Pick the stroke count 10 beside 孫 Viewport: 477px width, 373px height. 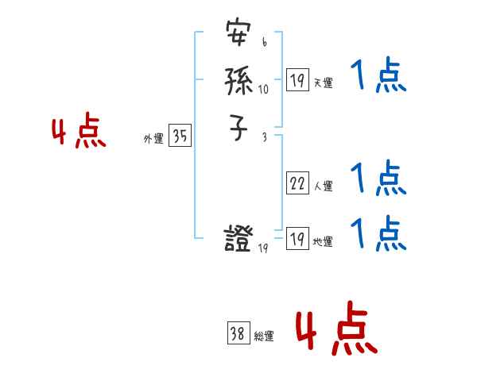pos(264,89)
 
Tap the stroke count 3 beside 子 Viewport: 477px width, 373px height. pos(264,137)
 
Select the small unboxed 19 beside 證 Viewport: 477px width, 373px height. pos(264,249)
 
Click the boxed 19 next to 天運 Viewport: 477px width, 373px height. pos(297,79)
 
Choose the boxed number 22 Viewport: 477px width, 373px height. pos(297,184)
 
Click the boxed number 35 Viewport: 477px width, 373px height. pos(180,137)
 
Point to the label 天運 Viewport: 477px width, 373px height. pos(324,83)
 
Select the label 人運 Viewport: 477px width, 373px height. pos(324,187)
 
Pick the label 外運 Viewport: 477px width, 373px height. pos(153,139)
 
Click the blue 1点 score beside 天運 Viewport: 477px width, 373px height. pos(379,78)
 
